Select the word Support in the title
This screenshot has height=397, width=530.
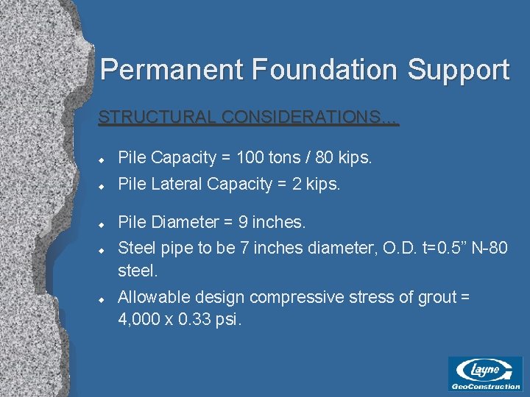(459, 70)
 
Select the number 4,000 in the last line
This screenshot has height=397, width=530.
(140, 321)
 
